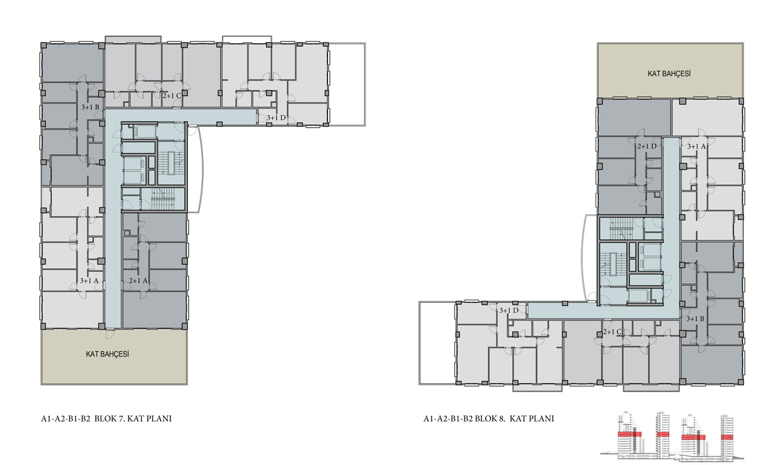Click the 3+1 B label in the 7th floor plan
pyautogui.click(x=90, y=107)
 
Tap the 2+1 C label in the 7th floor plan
pyautogui.click(x=172, y=96)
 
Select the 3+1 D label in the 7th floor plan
pyautogui.click(x=276, y=117)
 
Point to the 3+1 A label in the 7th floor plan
pyautogui.click(x=89, y=280)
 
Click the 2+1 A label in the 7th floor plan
pyautogui.click(x=139, y=280)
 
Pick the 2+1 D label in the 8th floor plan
pyautogui.click(x=647, y=147)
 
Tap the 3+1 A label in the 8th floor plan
pyautogui.click(x=697, y=147)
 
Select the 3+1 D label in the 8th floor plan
pyautogui.click(x=509, y=311)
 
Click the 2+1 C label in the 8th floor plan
pyautogui.click(x=612, y=332)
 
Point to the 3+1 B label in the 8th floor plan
pyautogui.click(x=695, y=319)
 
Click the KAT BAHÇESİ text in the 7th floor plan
pyautogui.click(x=107, y=354)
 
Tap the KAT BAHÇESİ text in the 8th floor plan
pyautogui.click(x=669, y=74)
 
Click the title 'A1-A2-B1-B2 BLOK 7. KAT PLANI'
pyautogui.click(x=106, y=418)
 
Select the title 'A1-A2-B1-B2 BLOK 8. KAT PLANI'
pyautogui.click(x=489, y=418)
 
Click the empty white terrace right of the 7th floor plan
pyautogui.click(x=347, y=84)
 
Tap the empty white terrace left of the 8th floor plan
pyautogui.click(x=437, y=343)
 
